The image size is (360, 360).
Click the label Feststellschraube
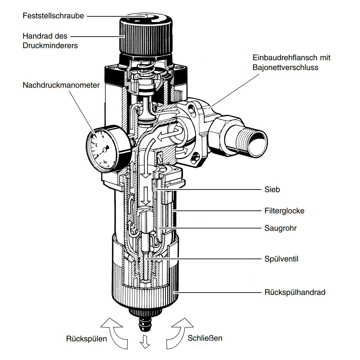click(x=53, y=16)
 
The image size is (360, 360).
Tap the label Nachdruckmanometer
click(x=61, y=85)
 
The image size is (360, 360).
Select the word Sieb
click(x=272, y=189)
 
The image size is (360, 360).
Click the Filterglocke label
click(x=284, y=210)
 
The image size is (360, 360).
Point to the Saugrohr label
click(x=280, y=228)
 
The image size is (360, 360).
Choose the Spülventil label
click(x=281, y=259)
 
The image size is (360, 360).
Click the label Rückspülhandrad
click(x=295, y=292)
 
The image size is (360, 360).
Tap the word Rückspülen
click(x=86, y=338)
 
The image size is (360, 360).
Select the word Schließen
click(x=205, y=338)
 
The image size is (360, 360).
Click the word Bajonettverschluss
click(x=285, y=67)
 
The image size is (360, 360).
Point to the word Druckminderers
click(x=50, y=45)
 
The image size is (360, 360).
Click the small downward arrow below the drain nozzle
click(x=144, y=342)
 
